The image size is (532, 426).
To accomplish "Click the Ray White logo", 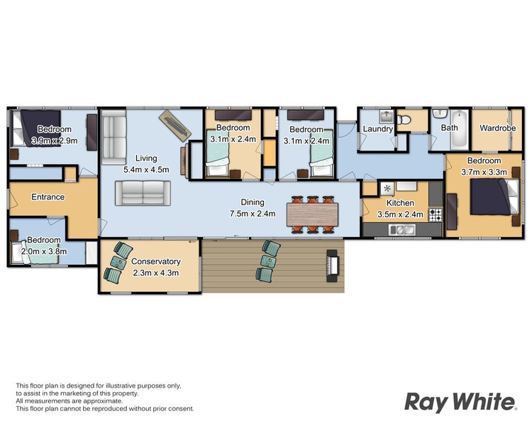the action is pos(461,403).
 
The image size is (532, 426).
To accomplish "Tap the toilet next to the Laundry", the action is pos(404,119).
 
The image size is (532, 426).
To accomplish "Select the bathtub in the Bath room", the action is pos(459,129).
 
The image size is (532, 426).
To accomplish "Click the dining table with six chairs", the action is pos(312,214).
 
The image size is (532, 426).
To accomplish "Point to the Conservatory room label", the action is pos(156,261).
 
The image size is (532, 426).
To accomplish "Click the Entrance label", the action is pos(48,197).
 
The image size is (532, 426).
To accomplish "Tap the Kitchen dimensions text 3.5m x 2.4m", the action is pos(400,214).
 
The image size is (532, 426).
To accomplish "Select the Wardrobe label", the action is pos(497,128).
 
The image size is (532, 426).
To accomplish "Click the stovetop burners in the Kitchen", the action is pos(436,214).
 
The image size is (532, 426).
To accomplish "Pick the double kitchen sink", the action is pos(402,230).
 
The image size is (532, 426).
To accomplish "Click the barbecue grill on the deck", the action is pos(332,266).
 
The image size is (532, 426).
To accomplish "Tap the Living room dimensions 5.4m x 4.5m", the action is pos(146,170).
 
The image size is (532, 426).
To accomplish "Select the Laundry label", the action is pos(377,129).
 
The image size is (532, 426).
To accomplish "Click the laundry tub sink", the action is pos(386,116).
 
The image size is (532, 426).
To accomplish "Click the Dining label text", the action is pos(253,202).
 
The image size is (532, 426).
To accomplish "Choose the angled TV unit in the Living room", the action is pos(174,126).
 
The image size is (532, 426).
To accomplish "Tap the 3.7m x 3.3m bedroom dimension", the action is pos(484,172).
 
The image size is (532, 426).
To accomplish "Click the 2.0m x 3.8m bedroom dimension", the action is pos(44,251).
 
